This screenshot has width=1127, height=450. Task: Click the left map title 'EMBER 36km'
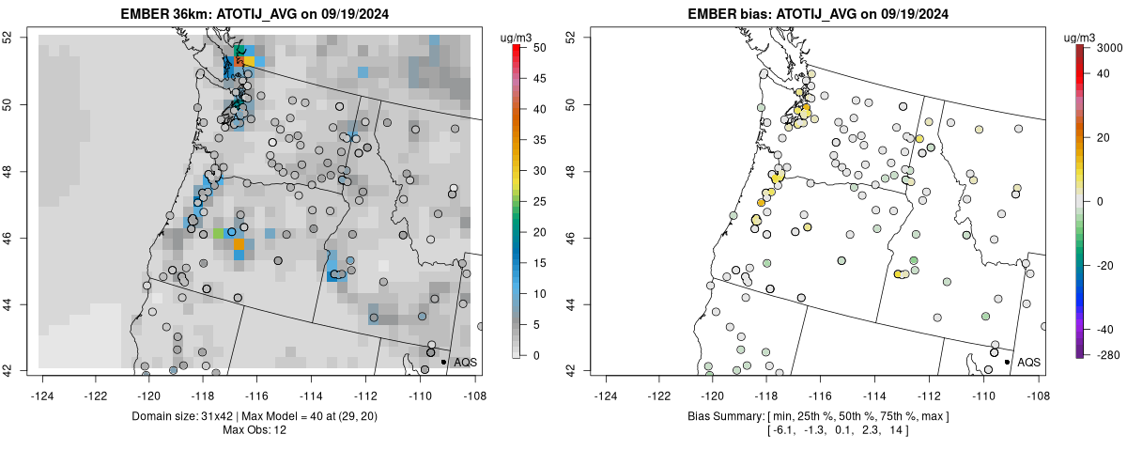coord(162,14)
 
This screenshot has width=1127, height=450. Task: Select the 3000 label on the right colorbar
coord(1108,47)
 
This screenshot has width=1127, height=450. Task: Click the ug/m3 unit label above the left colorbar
coord(519,37)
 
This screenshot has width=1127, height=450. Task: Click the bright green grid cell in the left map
coord(220,232)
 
